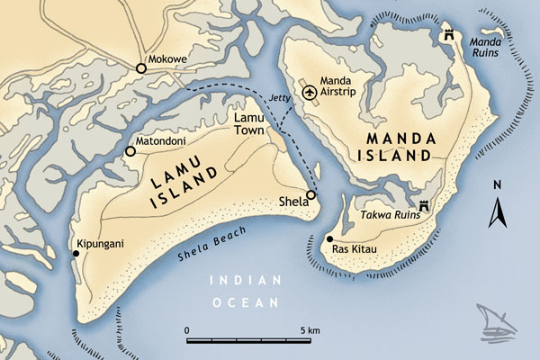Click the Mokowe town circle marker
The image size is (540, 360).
click(140, 68)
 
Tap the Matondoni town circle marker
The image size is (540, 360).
click(130, 151)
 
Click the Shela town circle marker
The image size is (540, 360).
click(310, 195)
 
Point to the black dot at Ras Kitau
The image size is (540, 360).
click(330, 239)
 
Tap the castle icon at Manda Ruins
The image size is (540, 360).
click(447, 35)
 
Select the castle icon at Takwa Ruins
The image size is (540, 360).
click(423, 206)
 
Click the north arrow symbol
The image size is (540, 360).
click(496, 214)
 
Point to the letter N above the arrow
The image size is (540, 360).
click(496, 184)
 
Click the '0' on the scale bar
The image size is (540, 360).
click(186, 330)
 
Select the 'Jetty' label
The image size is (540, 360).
click(280, 96)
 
